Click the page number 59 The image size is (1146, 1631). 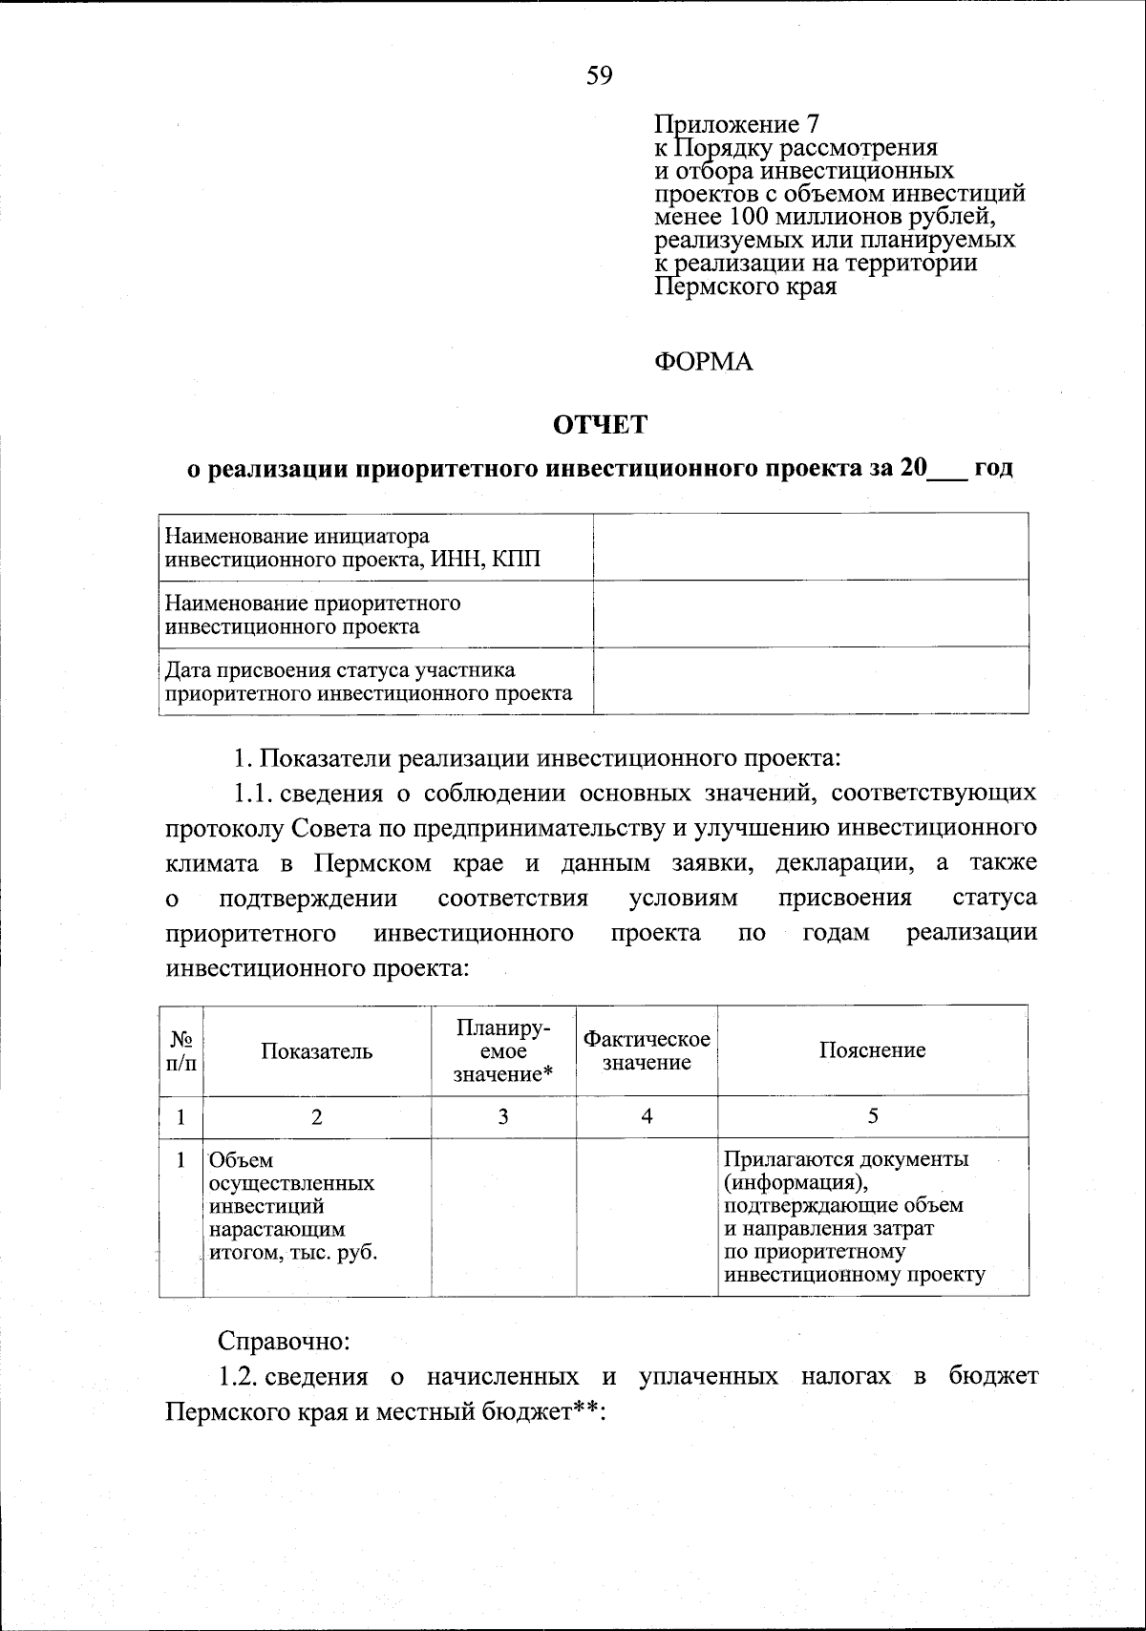click(x=599, y=75)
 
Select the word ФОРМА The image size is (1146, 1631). click(x=703, y=363)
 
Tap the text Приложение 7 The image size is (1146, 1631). click(x=735, y=125)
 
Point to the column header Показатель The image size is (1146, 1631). click(x=316, y=1051)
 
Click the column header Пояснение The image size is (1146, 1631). click(x=872, y=1050)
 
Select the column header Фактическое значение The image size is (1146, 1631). click(x=647, y=1050)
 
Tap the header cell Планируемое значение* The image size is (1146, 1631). click(x=503, y=1050)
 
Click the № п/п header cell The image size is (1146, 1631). click(x=181, y=1050)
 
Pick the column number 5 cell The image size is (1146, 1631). click(x=873, y=1115)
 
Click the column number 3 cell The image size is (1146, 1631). click(x=503, y=1115)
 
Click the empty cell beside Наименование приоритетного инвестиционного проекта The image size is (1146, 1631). click(x=810, y=614)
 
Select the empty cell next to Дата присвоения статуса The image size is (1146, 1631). click(x=810, y=680)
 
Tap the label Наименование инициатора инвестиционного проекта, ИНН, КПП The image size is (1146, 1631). click(x=353, y=547)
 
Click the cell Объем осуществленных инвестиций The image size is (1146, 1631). click(x=292, y=1206)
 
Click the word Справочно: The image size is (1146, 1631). click(x=285, y=1341)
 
